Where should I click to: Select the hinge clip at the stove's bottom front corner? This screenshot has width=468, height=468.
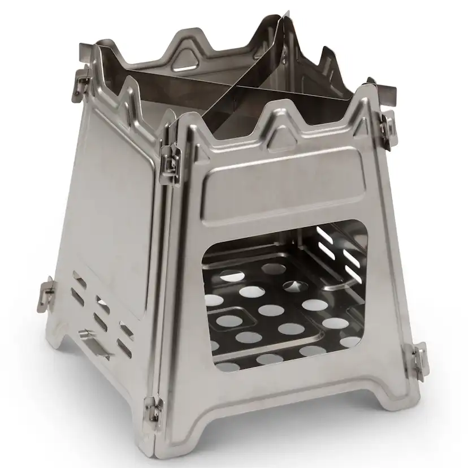pos(151,406)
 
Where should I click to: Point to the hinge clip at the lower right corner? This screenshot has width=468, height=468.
pos(419,357)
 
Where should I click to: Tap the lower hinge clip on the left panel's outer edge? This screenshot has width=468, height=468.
pos(46,290)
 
